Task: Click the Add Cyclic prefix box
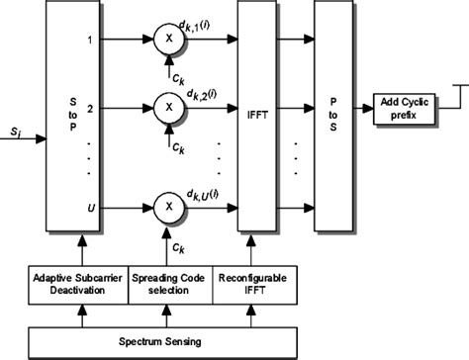pos(409,110)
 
